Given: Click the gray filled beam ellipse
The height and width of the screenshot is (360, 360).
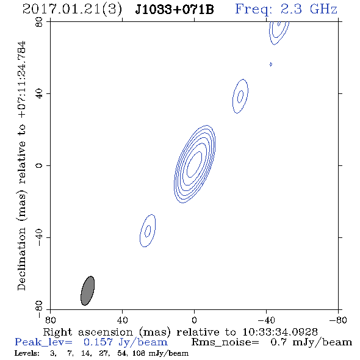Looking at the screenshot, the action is click(87, 290).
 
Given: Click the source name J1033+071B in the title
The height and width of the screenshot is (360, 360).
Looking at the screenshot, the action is click(175, 9).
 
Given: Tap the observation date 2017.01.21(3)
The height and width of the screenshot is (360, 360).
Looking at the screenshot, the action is click(72, 10).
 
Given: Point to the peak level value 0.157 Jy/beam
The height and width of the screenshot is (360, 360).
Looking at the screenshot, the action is click(125, 342).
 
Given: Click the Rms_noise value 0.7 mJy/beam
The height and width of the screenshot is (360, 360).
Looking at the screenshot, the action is click(311, 342).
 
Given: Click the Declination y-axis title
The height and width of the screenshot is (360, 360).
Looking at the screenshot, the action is click(21, 165).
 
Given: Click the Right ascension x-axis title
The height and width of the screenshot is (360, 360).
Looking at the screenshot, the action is click(180, 332).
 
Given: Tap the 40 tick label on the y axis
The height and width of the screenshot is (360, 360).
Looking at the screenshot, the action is click(39, 94).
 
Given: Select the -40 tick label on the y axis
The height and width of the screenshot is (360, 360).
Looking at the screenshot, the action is click(39, 237).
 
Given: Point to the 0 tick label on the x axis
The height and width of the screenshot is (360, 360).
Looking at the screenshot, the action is click(194, 320).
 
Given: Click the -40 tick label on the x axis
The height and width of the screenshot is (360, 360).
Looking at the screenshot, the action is click(266, 320).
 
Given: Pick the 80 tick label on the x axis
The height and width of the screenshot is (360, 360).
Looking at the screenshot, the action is click(50, 320).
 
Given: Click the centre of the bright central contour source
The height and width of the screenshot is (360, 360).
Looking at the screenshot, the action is click(195, 164).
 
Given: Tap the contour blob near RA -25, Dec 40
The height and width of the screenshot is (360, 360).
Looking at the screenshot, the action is click(240, 96).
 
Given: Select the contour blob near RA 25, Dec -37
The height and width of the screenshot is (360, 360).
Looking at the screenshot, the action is click(148, 231).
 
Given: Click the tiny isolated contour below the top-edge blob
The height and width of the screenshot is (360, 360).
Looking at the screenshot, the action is click(271, 64).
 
